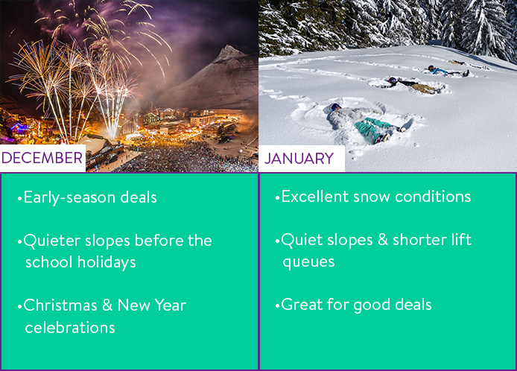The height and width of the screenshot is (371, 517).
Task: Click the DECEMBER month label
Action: [x=42, y=158]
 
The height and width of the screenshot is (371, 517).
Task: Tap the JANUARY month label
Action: [x=299, y=159]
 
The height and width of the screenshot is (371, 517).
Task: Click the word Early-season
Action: [x=69, y=198]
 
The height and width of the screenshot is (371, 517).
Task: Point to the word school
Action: [x=49, y=262]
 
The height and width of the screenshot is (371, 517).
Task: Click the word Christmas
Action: [x=60, y=305]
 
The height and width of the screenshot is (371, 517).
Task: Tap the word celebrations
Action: [x=70, y=328]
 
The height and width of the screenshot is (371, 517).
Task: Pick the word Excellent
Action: [x=315, y=197]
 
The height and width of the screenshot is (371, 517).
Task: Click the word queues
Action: [x=308, y=262]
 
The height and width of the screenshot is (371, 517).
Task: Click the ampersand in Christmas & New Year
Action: [x=107, y=305]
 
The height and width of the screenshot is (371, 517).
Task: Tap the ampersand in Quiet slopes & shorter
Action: [x=382, y=240]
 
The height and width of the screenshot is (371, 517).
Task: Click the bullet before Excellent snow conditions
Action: [x=277, y=198]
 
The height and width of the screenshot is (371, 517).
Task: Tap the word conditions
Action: [x=433, y=197]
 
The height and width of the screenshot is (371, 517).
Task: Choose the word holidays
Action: [x=107, y=262]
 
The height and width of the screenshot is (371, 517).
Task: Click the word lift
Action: [x=462, y=239]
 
